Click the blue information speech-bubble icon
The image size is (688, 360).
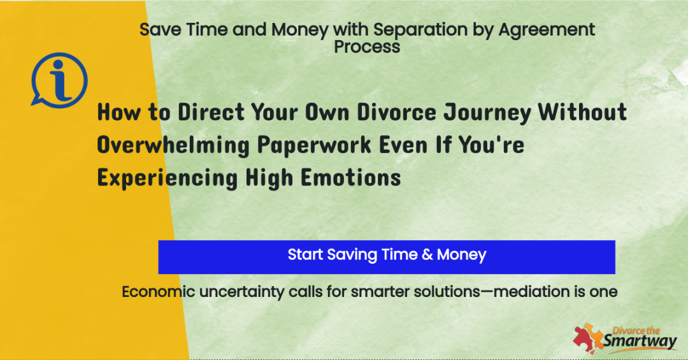[59, 80]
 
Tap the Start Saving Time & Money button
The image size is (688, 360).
[387, 257]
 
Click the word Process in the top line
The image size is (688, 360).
[367, 47]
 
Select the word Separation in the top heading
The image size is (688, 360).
[420, 29]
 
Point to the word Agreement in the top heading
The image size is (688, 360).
[547, 31]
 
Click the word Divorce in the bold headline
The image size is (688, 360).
[396, 112]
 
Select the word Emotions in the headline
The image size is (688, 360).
[350, 178]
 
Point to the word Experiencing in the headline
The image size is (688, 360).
[167, 178]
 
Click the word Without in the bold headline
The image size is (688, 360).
[582, 112]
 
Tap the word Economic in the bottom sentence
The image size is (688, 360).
[158, 292]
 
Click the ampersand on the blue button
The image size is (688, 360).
[427, 255]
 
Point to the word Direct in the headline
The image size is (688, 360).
[211, 112]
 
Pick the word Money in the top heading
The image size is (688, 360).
[299, 31]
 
